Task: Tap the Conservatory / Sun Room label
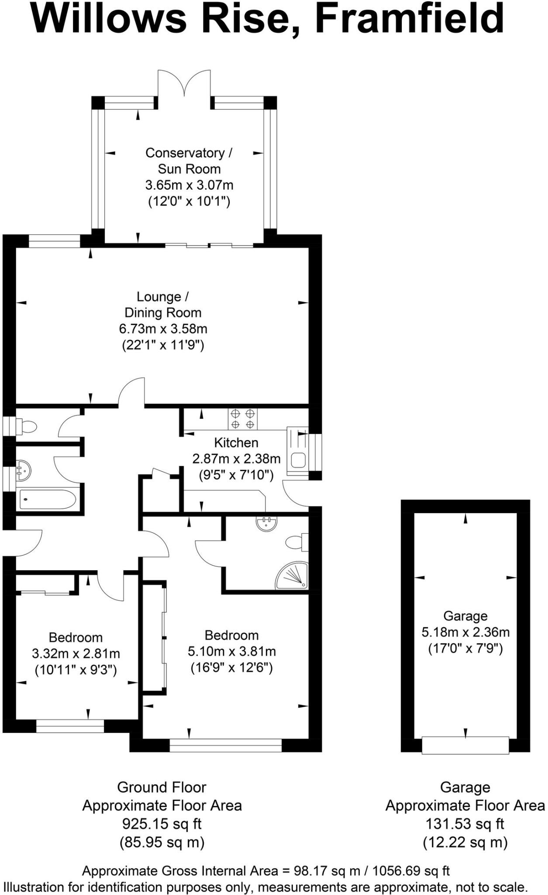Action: (x=189, y=161)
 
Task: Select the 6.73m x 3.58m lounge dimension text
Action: (x=163, y=329)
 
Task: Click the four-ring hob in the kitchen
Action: (x=242, y=418)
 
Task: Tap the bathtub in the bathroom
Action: (x=48, y=499)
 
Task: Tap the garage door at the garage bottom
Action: (x=465, y=745)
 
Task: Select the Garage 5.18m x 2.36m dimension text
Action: (x=465, y=632)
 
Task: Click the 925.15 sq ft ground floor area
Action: (x=162, y=824)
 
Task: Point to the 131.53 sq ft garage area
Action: (x=465, y=824)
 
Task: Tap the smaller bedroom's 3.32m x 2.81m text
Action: (x=76, y=654)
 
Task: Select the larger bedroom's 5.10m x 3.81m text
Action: (x=232, y=652)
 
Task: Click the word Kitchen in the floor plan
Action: (x=236, y=443)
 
